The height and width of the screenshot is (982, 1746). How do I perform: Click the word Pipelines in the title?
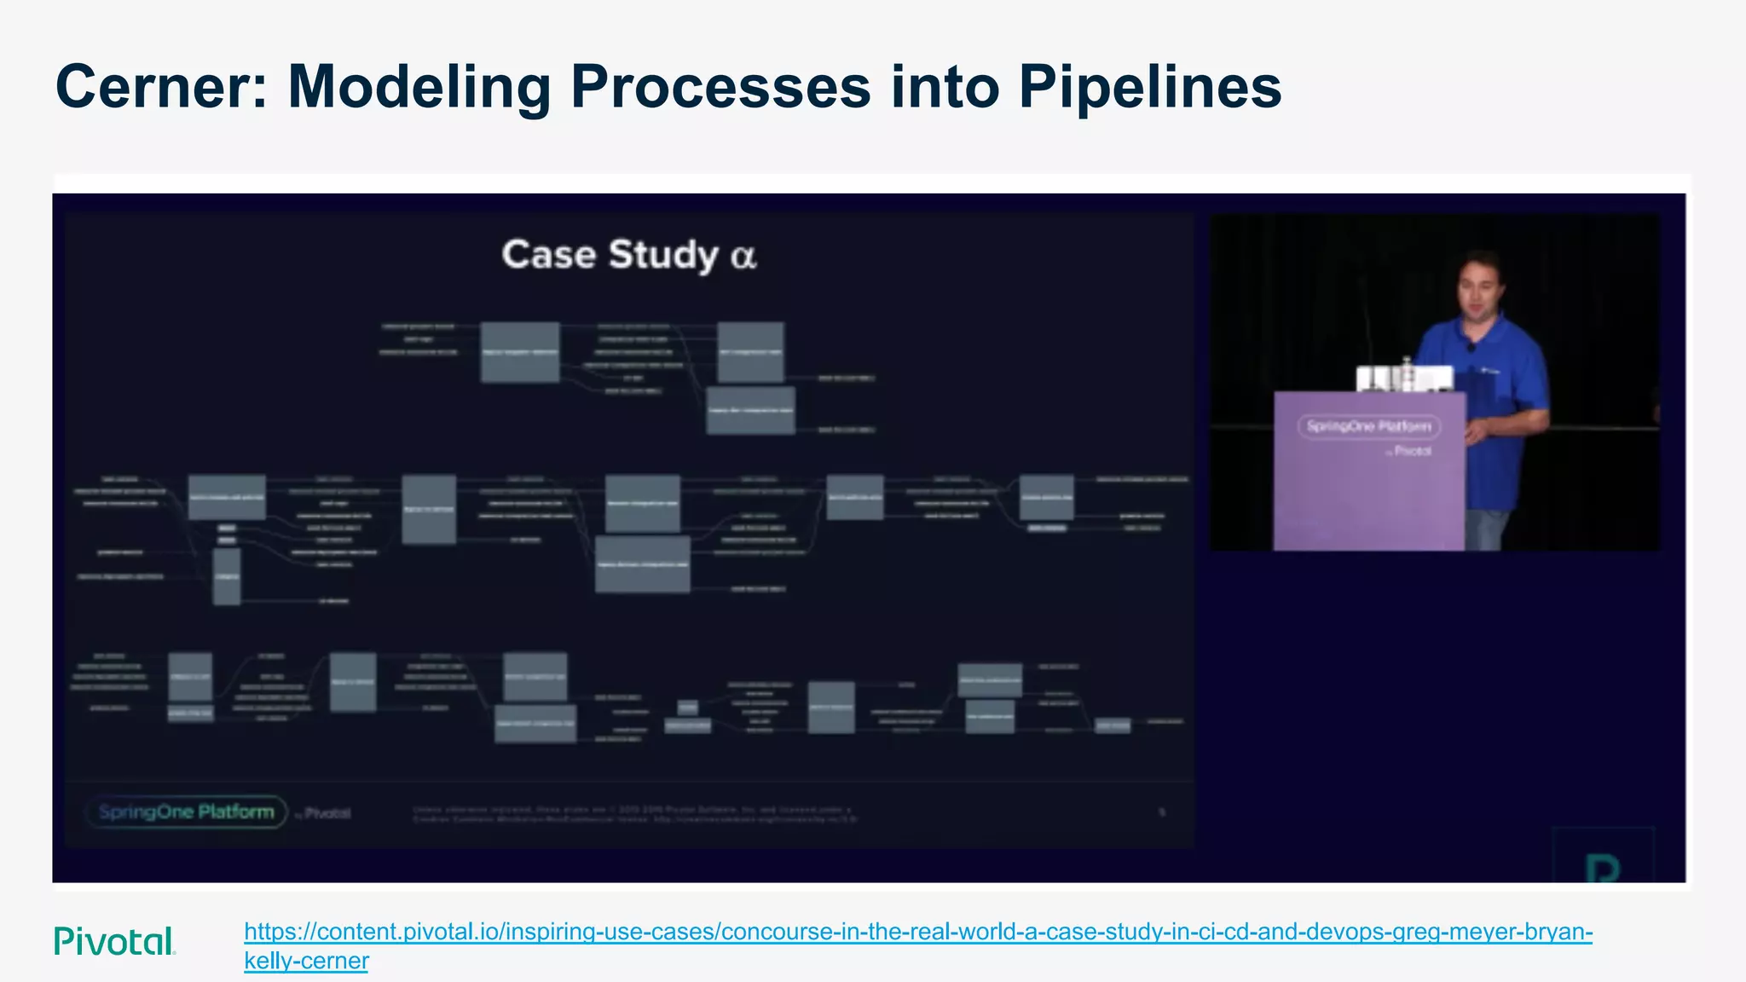pos(1150,87)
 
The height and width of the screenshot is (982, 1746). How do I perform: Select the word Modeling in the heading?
pos(419,87)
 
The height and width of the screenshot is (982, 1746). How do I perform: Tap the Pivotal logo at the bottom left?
pos(114,941)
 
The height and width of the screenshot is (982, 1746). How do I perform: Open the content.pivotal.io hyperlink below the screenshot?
pos(917,932)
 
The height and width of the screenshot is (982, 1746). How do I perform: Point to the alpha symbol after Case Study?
pos(743,256)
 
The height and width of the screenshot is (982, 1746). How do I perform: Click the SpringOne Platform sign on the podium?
pos(1368,426)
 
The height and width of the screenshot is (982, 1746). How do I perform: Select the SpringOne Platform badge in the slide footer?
pos(187,812)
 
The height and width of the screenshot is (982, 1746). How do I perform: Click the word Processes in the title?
pos(720,87)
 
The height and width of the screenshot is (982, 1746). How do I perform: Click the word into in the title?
pos(945,87)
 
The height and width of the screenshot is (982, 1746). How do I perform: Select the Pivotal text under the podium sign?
pos(1411,451)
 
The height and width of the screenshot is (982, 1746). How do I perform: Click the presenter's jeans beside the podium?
pos(1488,529)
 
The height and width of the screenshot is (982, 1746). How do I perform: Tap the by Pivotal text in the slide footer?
pos(324,813)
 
